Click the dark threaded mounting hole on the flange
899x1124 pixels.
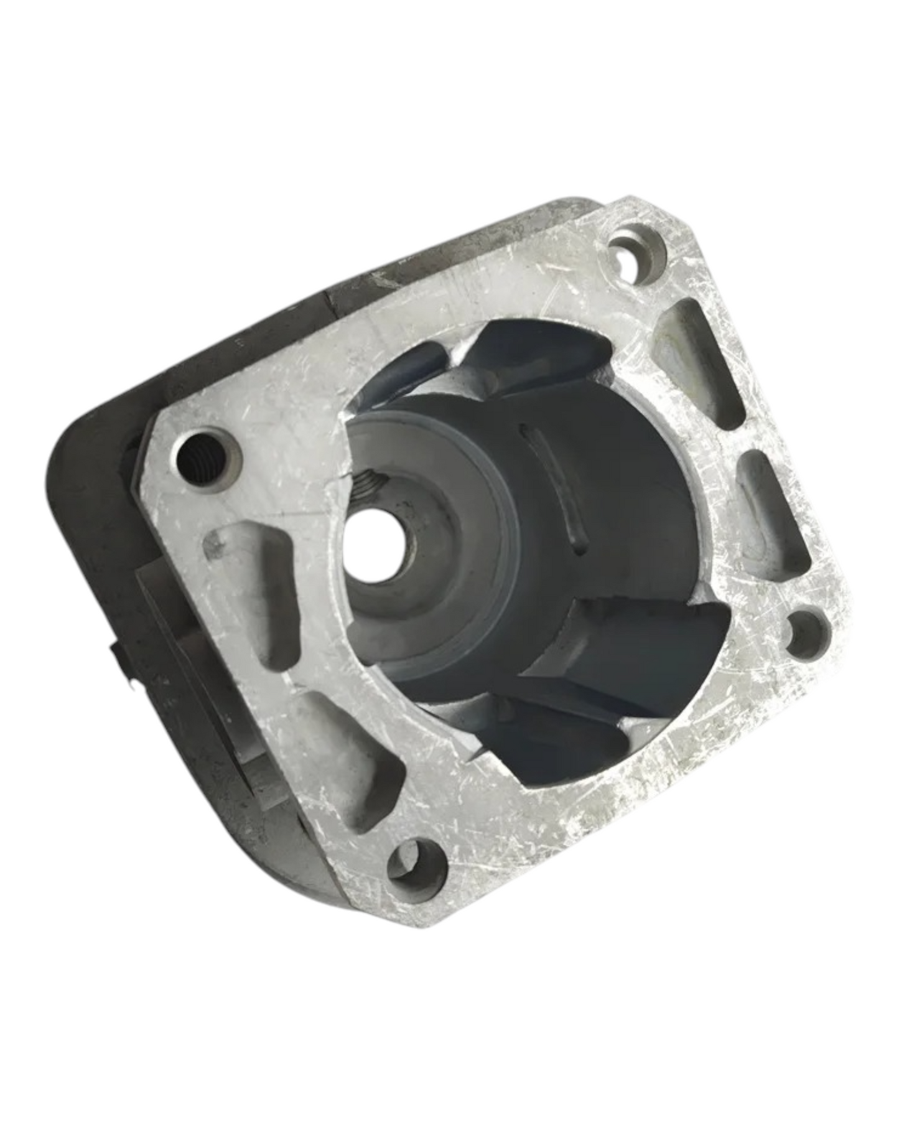pos(198,460)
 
